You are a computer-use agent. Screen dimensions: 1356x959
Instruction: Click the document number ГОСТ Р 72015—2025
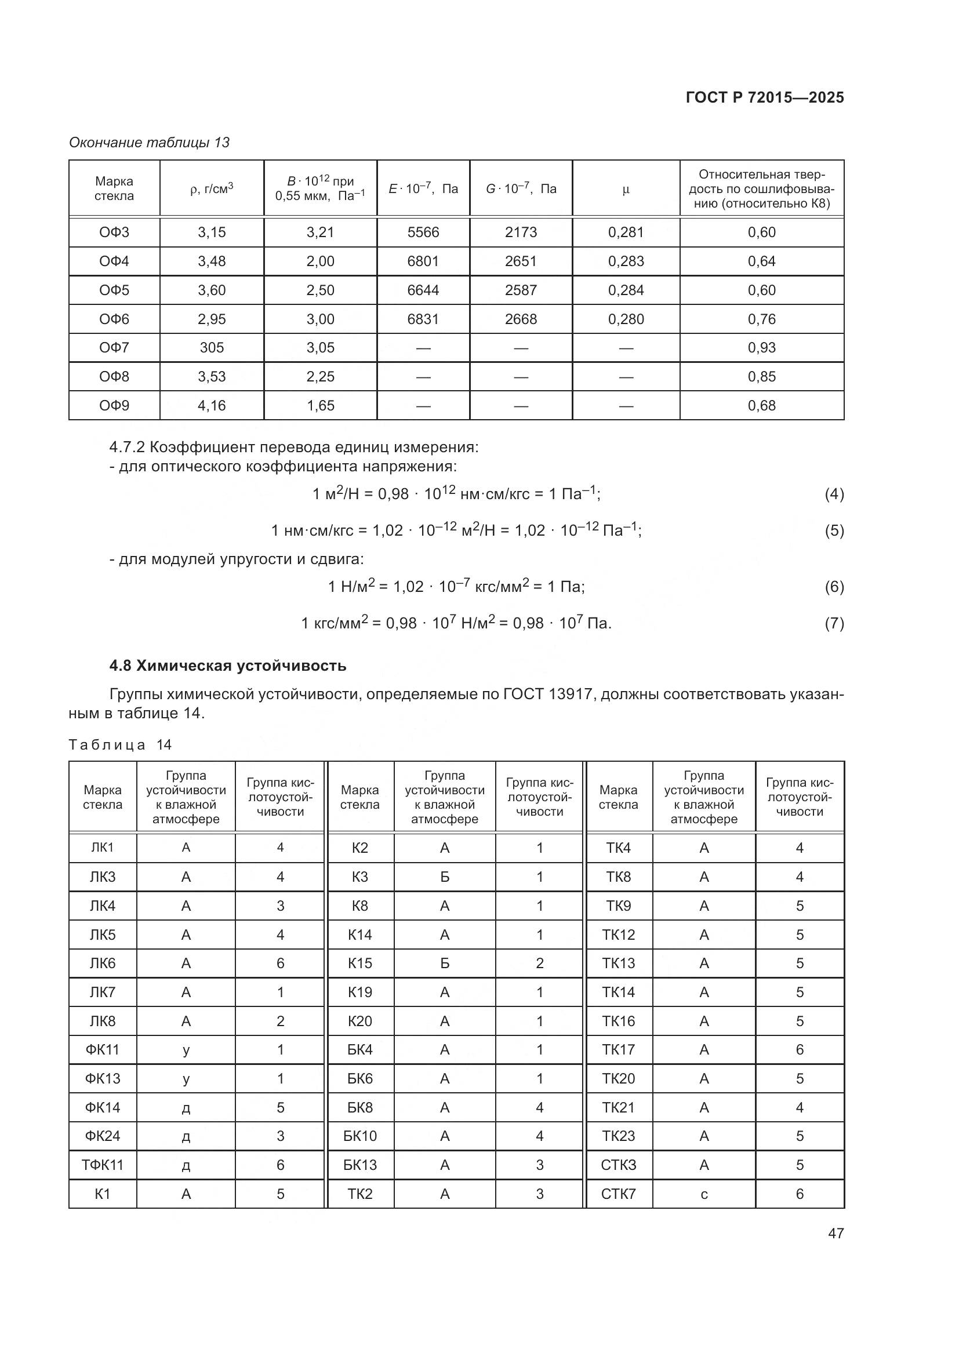(x=765, y=97)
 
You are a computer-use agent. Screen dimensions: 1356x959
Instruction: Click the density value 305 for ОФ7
(x=212, y=348)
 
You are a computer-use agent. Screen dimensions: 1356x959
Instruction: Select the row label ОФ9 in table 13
(x=114, y=406)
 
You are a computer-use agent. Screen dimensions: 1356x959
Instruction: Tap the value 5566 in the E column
(x=423, y=232)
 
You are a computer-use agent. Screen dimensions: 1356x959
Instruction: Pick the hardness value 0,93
(x=761, y=348)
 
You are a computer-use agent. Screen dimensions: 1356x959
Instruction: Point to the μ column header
(x=626, y=189)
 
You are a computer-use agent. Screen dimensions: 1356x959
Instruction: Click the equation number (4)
(x=834, y=495)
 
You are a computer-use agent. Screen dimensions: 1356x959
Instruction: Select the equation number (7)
(x=834, y=624)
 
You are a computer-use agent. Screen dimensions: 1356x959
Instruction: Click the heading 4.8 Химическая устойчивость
(x=227, y=666)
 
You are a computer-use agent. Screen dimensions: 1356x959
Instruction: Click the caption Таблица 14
(x=120, y=745)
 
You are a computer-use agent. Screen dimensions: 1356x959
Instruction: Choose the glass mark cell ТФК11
(x=102, y=1165)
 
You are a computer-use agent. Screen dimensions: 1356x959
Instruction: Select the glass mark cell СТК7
(x=618, y=1194)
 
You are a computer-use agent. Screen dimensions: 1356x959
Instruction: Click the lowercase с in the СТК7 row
(x=703, y=1194)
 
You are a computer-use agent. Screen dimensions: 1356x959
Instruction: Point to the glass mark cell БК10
(x=359, y=1136)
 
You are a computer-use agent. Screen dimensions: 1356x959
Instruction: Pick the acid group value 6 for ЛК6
(x=280, y=964)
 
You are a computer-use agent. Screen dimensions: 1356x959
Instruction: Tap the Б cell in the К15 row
(x=444, y=964)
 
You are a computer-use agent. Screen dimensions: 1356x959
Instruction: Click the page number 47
(x=836, y=1233)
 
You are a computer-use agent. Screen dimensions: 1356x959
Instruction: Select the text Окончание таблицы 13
(x=149, y=143)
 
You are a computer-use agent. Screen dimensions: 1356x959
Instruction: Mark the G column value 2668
(x=520, y=319)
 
